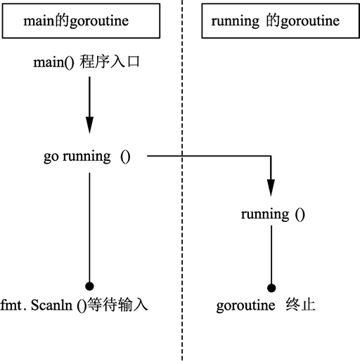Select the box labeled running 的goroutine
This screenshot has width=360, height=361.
coord(274,22)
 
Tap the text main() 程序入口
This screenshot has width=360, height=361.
coord(89,63)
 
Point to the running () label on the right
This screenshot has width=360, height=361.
coord(273,214)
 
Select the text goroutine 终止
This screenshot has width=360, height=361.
coord(266,306)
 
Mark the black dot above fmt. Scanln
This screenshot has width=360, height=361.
coord(89,285)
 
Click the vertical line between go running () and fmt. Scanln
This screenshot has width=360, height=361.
coord(89,225)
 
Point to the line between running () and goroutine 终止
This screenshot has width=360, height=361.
coord(271,253)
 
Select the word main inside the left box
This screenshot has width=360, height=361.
coord(37,22)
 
